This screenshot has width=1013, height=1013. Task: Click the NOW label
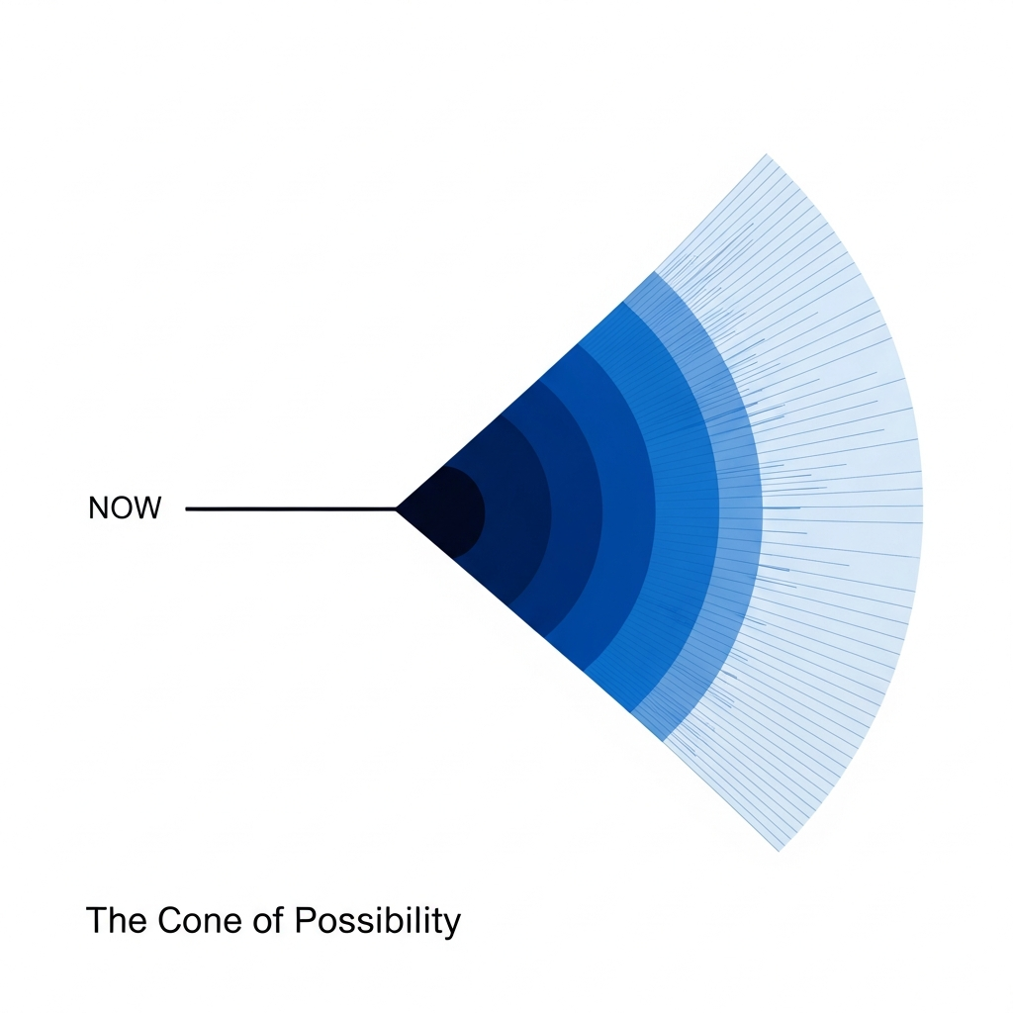(x=124, y=508)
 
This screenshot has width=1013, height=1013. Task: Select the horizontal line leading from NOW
(x=291, y=508)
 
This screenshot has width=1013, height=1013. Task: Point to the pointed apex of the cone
(x=398, y=509)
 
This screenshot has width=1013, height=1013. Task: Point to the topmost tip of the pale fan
(x=767, y=155)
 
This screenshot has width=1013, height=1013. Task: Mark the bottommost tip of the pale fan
(x=780, y=849)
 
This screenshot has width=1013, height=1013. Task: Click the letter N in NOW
(x=98, y=508)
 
